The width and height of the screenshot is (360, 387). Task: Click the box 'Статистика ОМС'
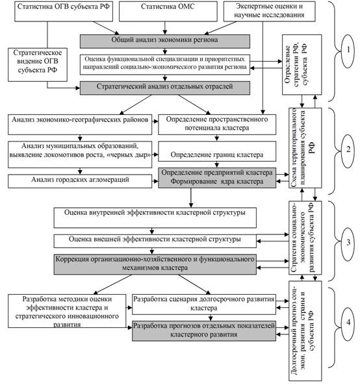168,11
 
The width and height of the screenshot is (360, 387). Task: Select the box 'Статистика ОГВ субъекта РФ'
64,11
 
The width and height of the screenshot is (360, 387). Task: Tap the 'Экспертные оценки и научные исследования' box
269,11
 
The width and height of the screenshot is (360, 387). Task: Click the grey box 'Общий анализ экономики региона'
164,41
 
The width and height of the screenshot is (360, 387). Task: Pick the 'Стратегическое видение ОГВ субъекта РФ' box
38,65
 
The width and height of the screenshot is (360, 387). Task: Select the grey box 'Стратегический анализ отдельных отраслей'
164,88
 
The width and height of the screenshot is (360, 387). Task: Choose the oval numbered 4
348,324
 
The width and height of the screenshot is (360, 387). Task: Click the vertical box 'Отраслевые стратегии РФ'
302,65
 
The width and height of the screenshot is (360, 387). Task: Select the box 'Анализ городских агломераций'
80,181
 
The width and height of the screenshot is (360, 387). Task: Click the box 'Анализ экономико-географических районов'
80,125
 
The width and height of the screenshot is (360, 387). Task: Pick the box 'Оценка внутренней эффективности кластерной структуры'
155,218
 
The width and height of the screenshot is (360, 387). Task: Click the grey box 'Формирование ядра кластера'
217,178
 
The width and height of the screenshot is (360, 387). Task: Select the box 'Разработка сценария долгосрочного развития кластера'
204,305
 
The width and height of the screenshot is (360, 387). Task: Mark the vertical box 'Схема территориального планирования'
305,148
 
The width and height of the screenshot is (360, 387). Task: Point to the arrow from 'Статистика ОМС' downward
165,28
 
